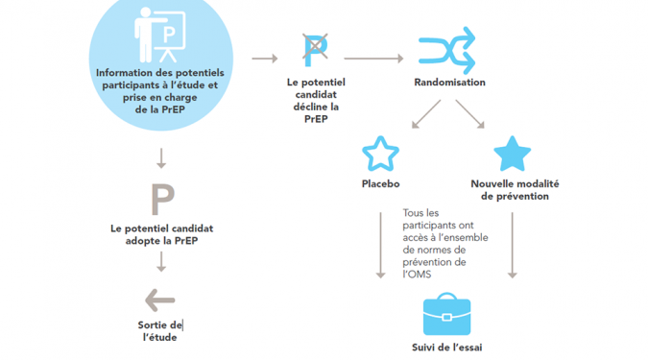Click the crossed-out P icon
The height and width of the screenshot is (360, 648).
[x=315, y=51]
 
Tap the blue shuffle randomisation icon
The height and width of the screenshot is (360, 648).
[x=447, y=51]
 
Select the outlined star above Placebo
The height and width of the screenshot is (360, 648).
[x=380, y=154]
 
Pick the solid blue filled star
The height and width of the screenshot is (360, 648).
[x=512, y=154]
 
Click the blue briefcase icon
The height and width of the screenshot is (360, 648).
[x=446, y=314]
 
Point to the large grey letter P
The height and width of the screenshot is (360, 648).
[x=162, y=200]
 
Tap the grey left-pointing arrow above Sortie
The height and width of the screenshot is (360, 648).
[x=160, y=300]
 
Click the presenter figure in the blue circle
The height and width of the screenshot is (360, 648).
[x=160, y=35]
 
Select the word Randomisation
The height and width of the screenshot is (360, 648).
[x=449, y=83]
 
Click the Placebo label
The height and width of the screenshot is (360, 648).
[x=380, y=184]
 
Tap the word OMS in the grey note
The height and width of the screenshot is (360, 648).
[x=420, y=275]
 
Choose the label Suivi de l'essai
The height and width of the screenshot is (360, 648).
[x=446, y=348]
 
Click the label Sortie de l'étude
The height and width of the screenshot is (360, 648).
[x=160, y=331]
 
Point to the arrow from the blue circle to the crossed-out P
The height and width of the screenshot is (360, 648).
[x=265, y=59]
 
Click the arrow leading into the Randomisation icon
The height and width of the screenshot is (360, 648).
[x=373, y=59]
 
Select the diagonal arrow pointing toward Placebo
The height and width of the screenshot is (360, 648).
[x=426, y=114]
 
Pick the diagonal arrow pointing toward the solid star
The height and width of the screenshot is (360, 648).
[x=469, y=114]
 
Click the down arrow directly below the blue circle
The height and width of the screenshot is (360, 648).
[x=161, y=158]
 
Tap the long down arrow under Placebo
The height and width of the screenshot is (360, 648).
[x=380, y=246]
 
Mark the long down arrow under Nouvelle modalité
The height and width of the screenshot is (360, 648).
[x=513, y=246]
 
